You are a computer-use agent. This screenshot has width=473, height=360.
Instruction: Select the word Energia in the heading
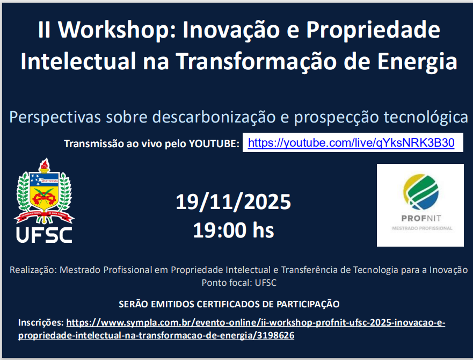[417, 62]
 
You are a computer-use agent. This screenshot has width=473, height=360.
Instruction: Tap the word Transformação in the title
[256, 62]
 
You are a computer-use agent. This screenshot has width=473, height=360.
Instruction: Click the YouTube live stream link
[351, 142]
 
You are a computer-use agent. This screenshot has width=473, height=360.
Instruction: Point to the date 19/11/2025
[233, 201]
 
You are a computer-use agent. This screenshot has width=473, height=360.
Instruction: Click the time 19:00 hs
[233, 230]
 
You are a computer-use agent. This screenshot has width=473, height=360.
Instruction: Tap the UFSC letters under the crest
[44, 235]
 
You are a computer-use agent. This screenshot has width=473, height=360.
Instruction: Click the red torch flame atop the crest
[45, 164]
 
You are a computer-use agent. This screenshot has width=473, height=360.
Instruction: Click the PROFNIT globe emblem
[421, 192]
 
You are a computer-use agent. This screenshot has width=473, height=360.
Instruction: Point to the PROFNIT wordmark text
[421, 218]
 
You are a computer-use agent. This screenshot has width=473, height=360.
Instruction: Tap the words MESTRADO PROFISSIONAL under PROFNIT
[422, 228]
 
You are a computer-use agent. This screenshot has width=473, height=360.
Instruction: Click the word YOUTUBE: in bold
[214, 143]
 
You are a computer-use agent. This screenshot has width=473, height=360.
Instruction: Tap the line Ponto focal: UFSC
[239, 283]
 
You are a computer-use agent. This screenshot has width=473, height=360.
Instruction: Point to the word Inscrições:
[41, 322]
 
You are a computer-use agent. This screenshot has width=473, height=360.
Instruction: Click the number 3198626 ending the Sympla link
[275, 335]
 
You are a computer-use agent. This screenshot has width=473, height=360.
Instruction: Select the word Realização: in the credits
[33, 270]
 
